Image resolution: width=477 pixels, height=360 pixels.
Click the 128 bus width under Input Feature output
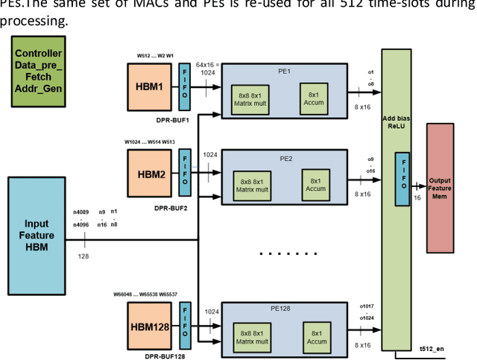[x=83, y=255]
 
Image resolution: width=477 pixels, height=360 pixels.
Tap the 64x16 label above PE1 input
[x=205, y=66]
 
